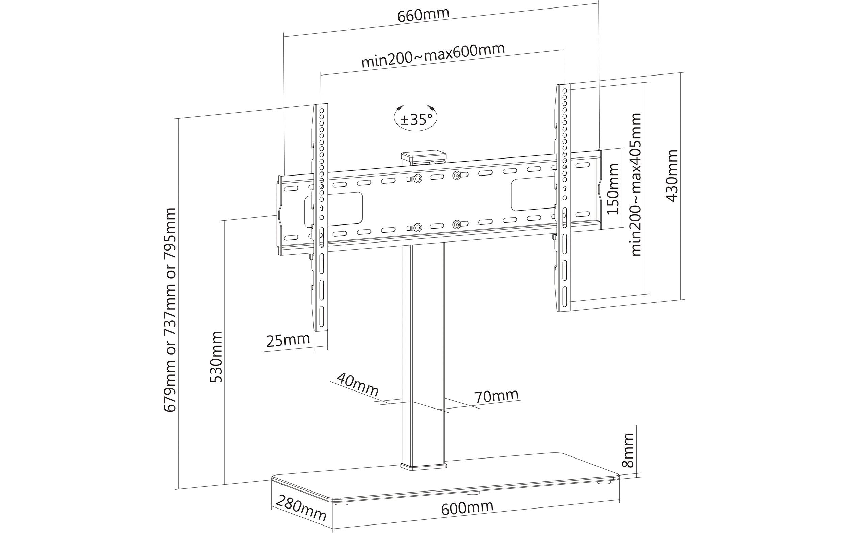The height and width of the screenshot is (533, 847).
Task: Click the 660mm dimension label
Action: tap(423, 15)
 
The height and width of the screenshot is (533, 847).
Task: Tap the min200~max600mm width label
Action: tap(433, 56)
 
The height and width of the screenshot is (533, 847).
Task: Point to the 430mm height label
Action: tap(672, 176)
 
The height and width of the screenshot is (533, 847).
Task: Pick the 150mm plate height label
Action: tap(614, 189)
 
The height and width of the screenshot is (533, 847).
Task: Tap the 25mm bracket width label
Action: tap(288, 340)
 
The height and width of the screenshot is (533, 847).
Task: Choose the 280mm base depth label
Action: tap(301, 508)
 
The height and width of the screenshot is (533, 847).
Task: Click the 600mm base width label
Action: tap(467, 508)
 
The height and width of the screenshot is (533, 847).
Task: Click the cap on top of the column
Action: tap(423, 155)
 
